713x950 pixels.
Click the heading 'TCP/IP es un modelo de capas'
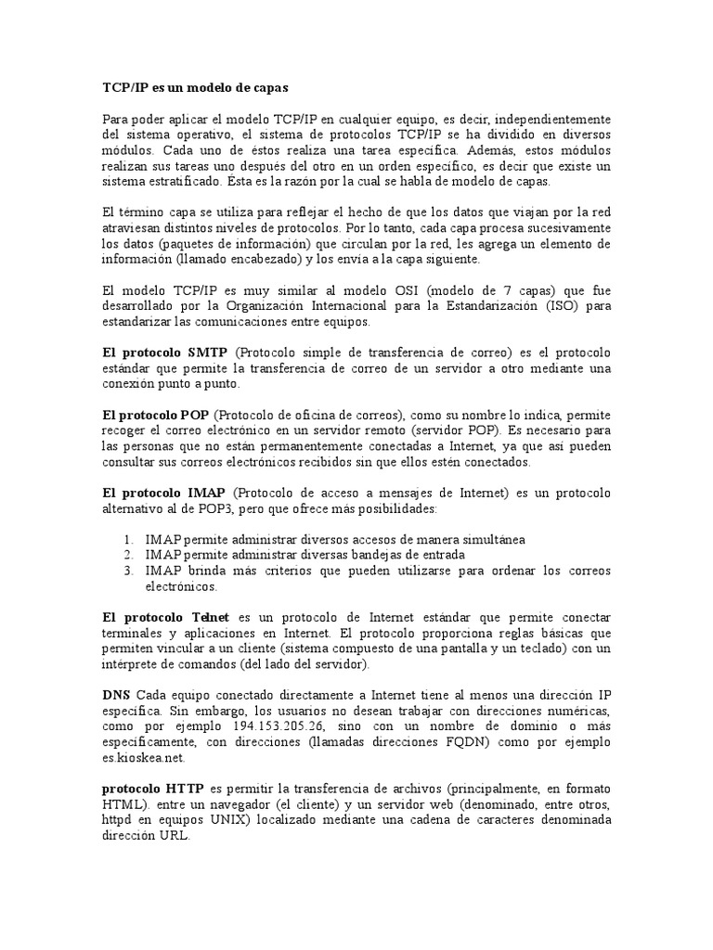195,88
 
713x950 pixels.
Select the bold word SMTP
205,353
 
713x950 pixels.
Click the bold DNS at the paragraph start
116,694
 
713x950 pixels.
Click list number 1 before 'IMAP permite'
128,539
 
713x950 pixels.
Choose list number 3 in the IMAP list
128,571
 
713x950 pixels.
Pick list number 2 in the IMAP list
128,555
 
